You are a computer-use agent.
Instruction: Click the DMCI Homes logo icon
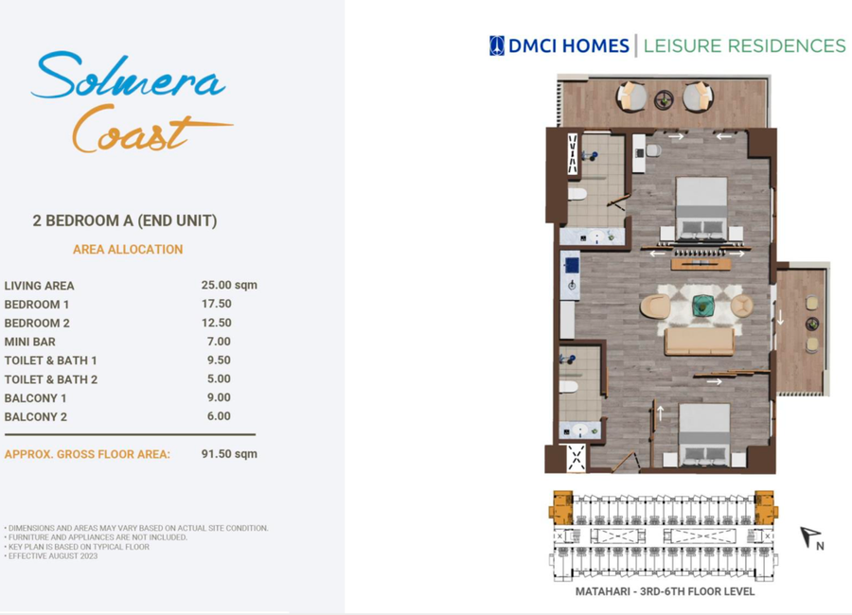pos(497,45)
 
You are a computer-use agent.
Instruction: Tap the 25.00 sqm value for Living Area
pos(229,285)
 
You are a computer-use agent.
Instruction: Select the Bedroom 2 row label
pos(37,324)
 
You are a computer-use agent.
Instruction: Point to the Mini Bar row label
pos(30,342)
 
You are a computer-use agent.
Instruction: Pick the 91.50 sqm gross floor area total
pos(229,453)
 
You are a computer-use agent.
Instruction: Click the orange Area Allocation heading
pos(128,250)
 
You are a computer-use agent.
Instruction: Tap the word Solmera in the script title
pos(129,76)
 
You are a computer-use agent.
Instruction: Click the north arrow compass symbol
pos(811,537)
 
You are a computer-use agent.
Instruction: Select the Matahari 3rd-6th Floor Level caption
pos(665,591)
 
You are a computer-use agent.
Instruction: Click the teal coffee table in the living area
pos(703,306)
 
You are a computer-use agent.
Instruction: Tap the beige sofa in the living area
pos(700,342)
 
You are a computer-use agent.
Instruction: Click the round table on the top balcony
pos(664,100)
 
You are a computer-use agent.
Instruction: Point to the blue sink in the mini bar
pos(572,266)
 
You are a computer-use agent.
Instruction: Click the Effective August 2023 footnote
pos(51,556)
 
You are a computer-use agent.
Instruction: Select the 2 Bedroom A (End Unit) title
pos(125,220)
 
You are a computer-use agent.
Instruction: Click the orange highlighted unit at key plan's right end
pos(766,507)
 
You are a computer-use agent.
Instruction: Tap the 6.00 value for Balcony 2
pos(219,416)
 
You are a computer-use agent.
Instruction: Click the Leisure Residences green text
pos(744,46)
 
